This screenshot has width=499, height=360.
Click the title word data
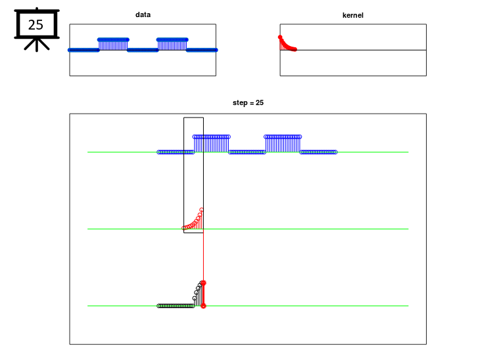coord(143,14)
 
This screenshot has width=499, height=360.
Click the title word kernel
coord(352,15)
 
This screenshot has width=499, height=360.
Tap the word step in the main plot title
coord(240,102)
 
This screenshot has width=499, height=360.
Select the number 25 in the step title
coord(260,102)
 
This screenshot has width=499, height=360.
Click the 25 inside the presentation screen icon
coord(36,25)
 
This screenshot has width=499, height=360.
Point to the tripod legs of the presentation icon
coord(37,45)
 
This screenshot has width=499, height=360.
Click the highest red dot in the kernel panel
coord(280,37)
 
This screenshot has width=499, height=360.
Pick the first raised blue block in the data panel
coord(113,44)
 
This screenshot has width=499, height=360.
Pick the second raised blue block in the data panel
coord(172,44)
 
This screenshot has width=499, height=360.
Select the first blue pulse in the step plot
coord(211,144)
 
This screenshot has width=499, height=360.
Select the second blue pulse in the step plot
coord(283,144)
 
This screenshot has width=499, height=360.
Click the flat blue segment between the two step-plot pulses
coord(247,152)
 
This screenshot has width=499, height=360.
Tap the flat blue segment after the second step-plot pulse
coord(318,152)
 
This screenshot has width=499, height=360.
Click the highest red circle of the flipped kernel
coord(201,210)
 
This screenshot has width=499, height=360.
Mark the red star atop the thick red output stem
coord(203,282)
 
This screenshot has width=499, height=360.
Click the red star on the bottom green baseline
coord(203,306)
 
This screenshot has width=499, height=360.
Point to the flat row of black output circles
coord(176,306)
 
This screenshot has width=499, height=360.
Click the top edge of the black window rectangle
coord(193,118)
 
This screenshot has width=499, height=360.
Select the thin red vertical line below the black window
coord(203,257)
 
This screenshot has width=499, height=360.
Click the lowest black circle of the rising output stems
coord(194,298)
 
